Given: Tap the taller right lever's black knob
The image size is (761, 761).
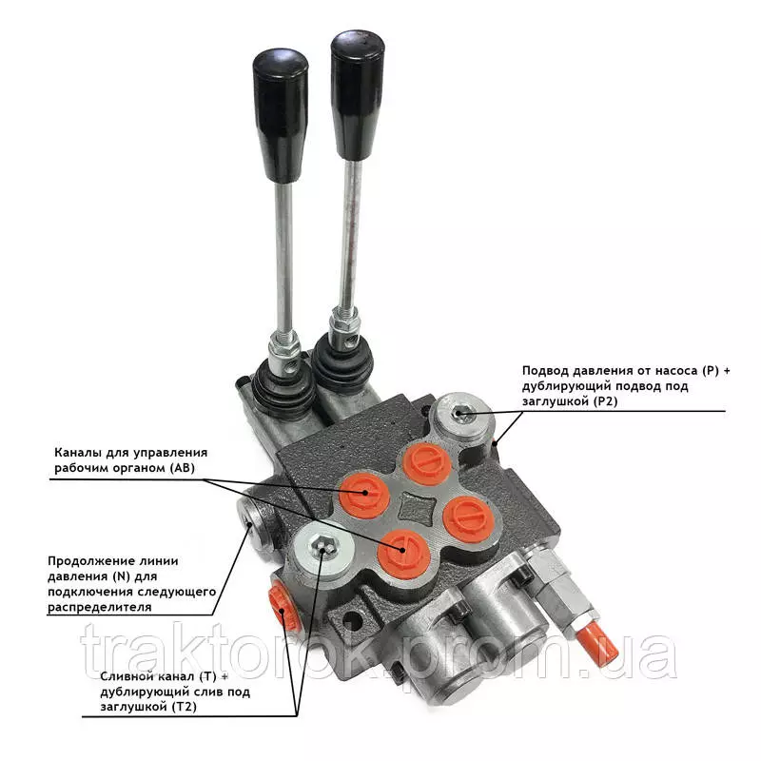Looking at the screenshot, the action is coord(358,93).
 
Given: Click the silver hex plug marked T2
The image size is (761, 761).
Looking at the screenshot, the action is coord(322,550).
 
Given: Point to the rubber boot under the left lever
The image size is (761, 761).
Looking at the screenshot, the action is coord(281,388).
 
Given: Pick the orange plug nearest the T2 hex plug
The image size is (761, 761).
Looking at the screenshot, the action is coord(403,555).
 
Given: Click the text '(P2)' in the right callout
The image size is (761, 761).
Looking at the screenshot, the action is coord(605,401).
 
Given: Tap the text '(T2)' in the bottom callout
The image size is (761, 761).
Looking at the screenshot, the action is coord(185,706).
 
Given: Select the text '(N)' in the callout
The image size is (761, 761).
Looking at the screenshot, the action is coord(122,576).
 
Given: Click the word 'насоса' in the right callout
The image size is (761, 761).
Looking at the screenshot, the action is coord(676,371).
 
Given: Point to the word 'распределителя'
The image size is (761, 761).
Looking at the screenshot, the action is coord(100,607).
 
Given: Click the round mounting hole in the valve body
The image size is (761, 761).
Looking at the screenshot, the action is coord(353,620).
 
